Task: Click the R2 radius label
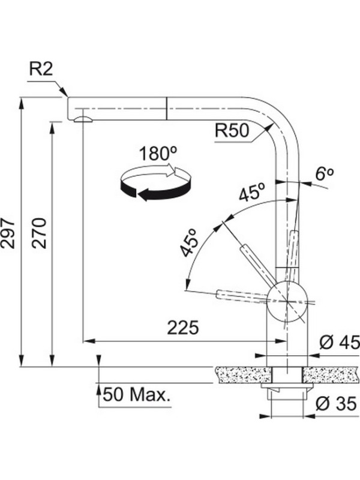[41, 70]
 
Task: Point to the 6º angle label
[324, 175]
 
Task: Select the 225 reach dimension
[182, 328]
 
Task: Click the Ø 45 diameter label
[338, 343]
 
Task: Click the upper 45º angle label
[251, 194]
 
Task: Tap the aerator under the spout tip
[82, 119]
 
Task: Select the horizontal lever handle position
[240, 295]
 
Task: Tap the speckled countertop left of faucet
[240, 375]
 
